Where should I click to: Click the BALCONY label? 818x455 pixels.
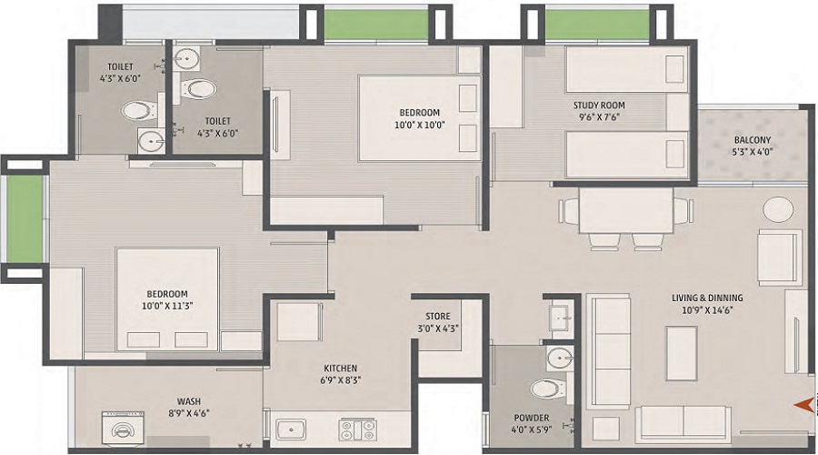[753, 140]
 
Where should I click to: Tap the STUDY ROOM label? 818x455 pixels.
[599, 105]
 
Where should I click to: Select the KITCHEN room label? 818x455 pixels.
[341, 369]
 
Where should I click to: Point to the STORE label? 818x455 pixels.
[438, 316]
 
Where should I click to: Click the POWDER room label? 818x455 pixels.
[532, 418]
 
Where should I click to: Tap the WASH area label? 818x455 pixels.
[189, 401]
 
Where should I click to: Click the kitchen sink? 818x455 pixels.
[291, 430]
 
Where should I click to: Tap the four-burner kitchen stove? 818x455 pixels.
[357, 430]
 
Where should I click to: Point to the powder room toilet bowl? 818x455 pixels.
[548, 389]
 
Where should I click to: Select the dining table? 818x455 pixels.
[626, 210]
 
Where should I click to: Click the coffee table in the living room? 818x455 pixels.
[682, 354]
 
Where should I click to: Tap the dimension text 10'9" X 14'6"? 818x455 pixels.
[707, 309]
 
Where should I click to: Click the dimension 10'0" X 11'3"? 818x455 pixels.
[167, 306]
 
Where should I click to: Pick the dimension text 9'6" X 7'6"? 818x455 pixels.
[599, 117]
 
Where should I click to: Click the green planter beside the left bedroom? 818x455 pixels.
[25, 219]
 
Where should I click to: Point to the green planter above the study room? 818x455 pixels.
[597, 25]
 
